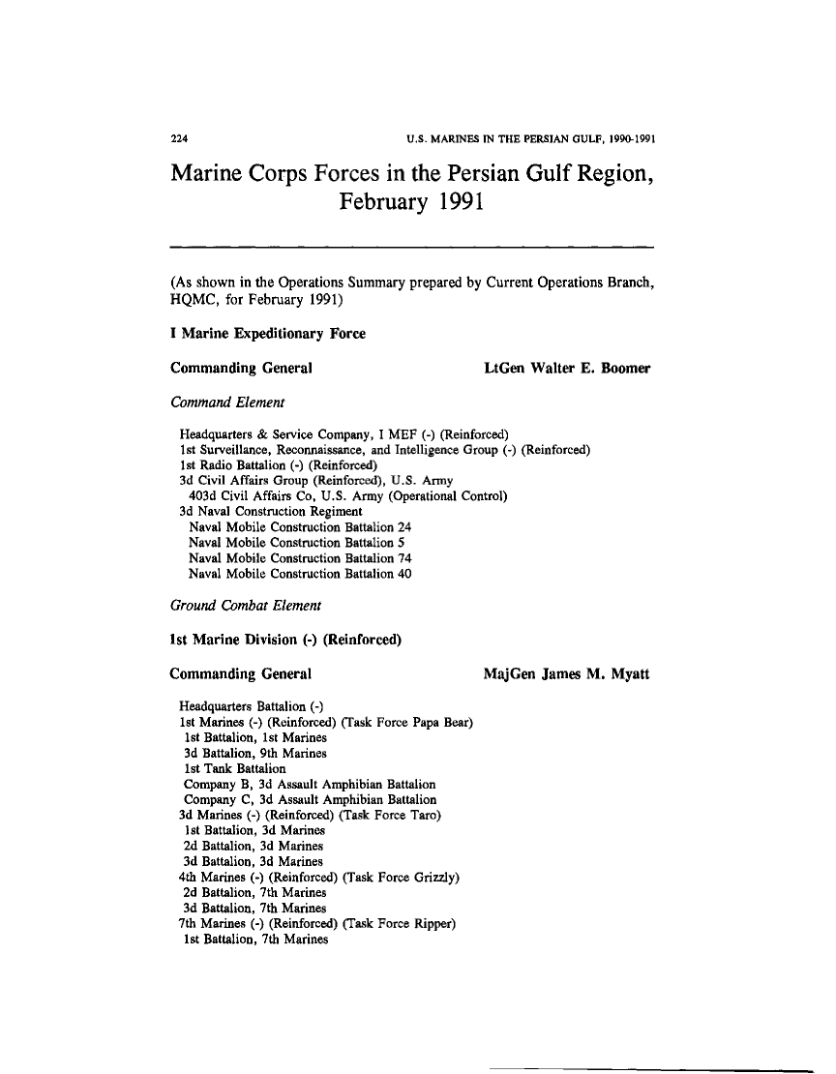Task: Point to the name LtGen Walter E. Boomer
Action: click(566, 368)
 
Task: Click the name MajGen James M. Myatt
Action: click(566, 673)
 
